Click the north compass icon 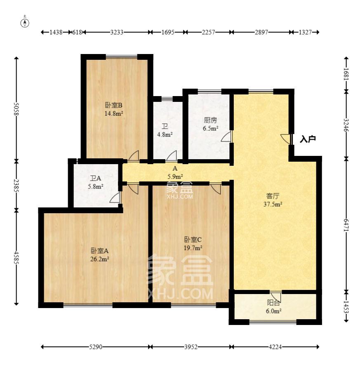[25, 22]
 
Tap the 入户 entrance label [308, 139]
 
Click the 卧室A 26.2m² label [100, 254]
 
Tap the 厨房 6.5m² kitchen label [210, 124]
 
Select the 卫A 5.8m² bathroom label [96, 182]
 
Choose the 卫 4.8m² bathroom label [165, 130]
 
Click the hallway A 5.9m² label [174, 172]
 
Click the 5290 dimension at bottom [95, 347]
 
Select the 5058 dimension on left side [16, 109]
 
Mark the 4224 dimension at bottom [275, 347]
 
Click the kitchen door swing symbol [227, 137]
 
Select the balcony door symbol [276, 296]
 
